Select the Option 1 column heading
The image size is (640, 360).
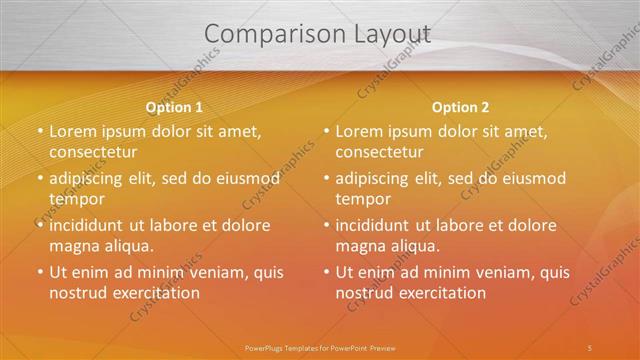174,107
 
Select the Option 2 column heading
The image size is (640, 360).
461,107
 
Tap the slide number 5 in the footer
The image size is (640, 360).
590,347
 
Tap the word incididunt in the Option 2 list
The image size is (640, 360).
380,226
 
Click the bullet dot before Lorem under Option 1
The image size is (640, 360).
39,132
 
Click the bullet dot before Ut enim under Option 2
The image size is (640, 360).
325,273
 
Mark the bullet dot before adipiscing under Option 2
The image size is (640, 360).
325,179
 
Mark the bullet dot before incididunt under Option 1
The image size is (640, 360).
39,226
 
